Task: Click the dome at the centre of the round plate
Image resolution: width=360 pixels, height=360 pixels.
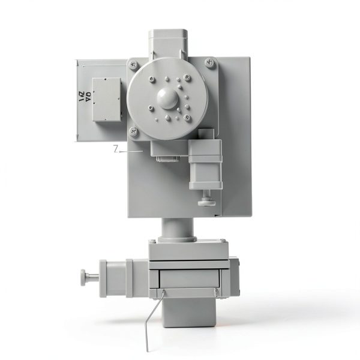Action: (x=168, y=97)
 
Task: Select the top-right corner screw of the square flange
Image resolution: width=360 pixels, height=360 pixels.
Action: (x=208, y=61)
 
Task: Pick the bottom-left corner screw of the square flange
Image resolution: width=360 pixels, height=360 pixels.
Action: (x=134, y=131)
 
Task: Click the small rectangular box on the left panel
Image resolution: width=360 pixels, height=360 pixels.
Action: (x=107, y=99)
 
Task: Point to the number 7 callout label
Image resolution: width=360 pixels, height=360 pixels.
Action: (x=116, y=149)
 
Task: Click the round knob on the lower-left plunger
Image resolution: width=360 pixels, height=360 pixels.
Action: (x=83, y=277)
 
